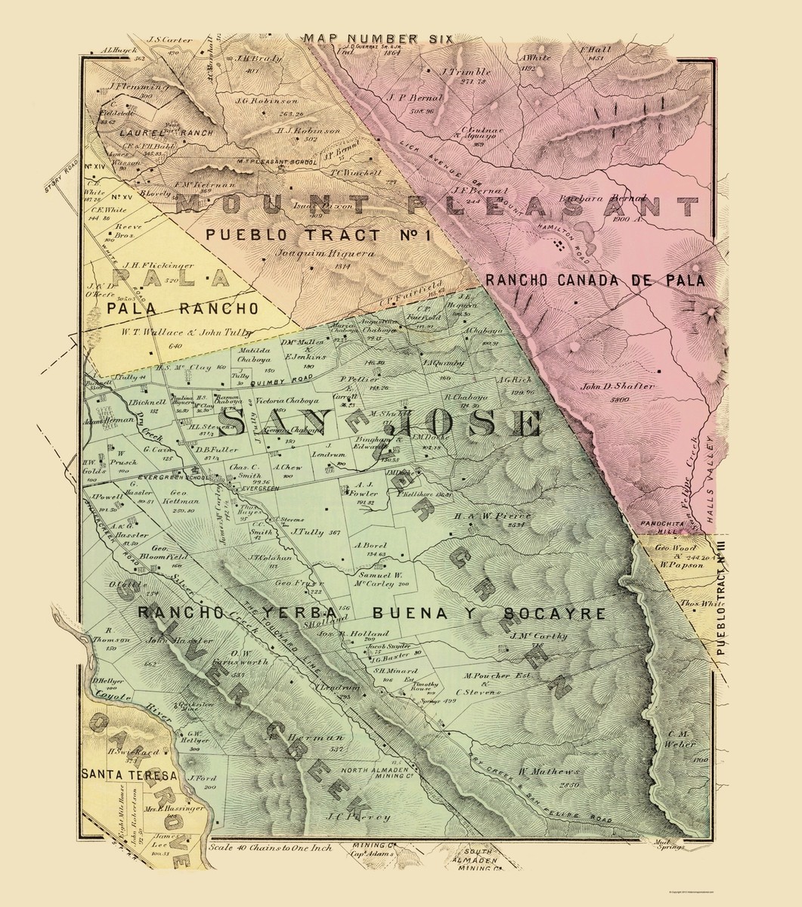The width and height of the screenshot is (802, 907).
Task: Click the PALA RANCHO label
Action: [182, 308]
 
